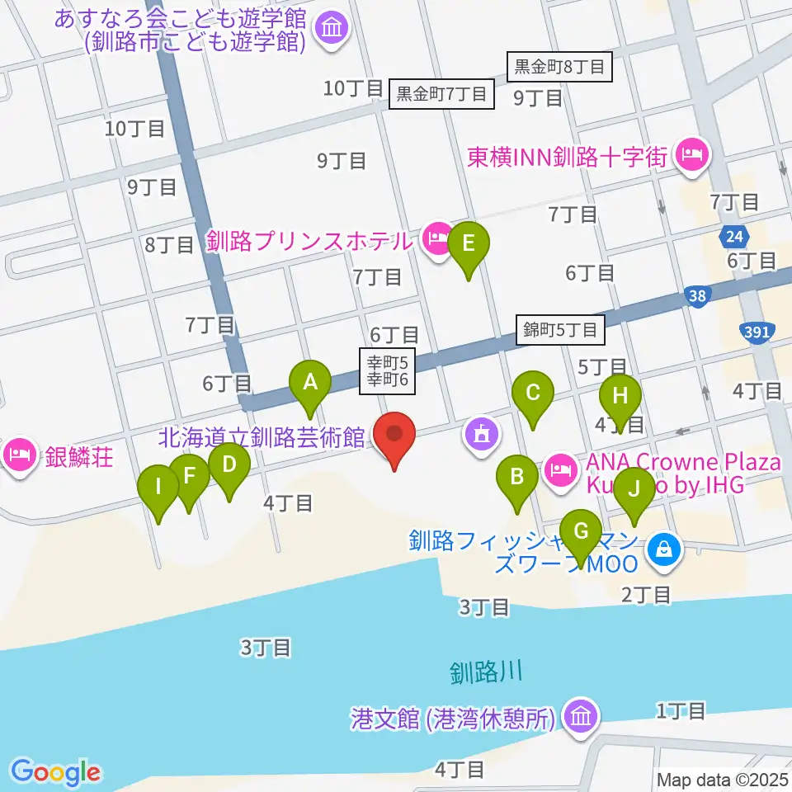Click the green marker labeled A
tap(310, 383)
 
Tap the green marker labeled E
tap(469, 245)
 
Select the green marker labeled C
tap(533, 394)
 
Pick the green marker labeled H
tap(620, 395)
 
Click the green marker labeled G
tap(581, 531)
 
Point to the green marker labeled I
tap(158, 487)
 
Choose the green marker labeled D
tap(229, 464)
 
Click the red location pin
tap(394, 434)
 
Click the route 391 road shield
tap(760, 331)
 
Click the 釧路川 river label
tap(487, 672)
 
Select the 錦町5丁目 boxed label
tap(561, 331)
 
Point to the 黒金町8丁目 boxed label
tap(560, 67)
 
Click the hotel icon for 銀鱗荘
tap(17, 454)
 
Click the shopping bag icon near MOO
tap(663, 547)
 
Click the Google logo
tap(55, 772)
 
